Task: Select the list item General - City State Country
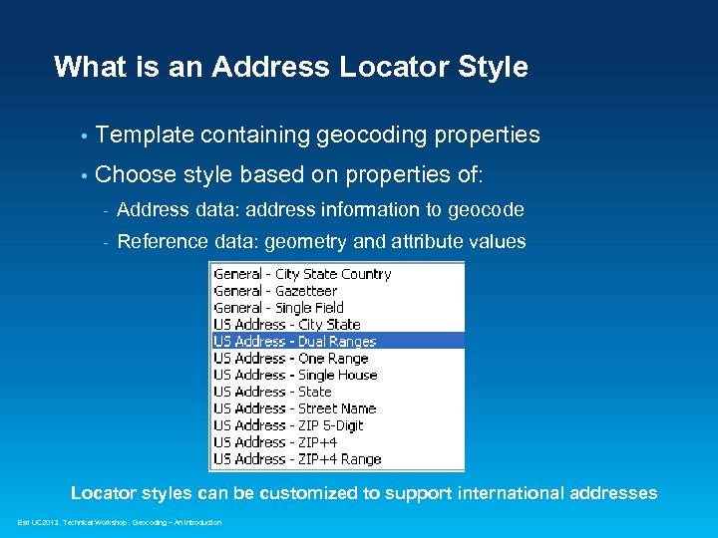pyautogui.click(x=302, y=274)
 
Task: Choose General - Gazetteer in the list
pyautogui.click(x=274, y=291)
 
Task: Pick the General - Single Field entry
pyautogui.click(x=278, y=308)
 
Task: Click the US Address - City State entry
pyautogui.click(x=287, y=325)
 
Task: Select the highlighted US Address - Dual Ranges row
pyautogui.click(x=296, y=341)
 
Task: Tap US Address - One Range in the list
pyautogui.click(x=291, y=358)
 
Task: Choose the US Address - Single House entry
pyautogui.click(x=295, y=375)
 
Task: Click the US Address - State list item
pyautogui.click(x=272, y=392)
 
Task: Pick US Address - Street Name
pyautogui.click(x=294, y=408)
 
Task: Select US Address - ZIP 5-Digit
pyautogui.click(x=288, y=425)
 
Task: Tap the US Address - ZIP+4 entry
pyautogui.click(x=275, y=442)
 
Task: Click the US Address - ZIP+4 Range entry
pyautogui.click(x=297, y=459)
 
